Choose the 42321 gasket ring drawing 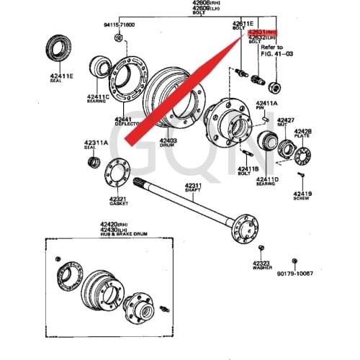coord(115,175)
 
